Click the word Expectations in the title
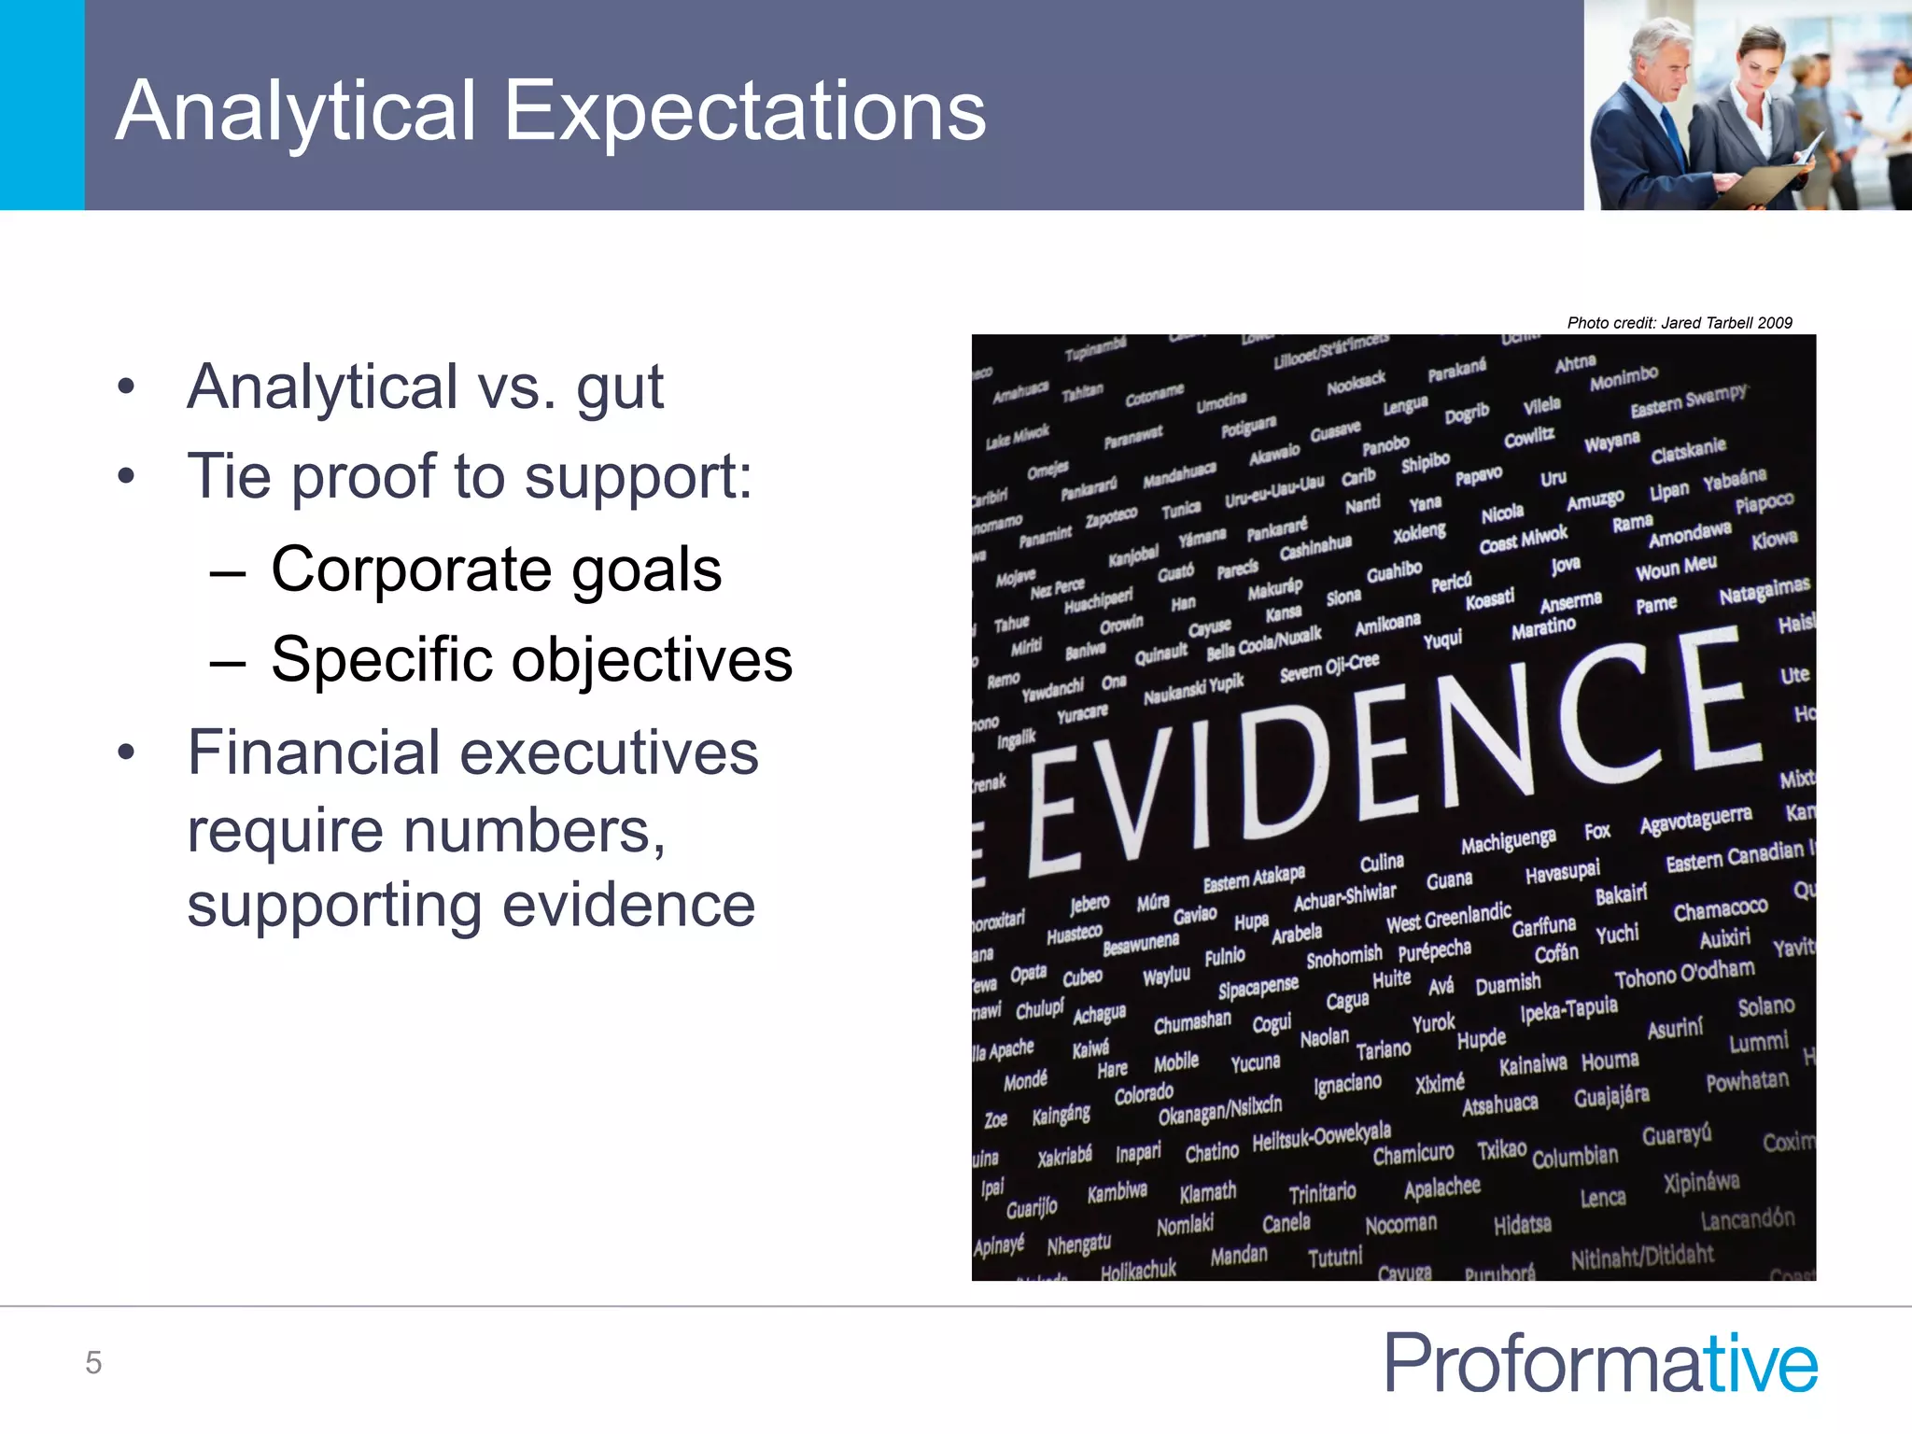[x=744, y=112]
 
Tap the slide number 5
[x=93, y=1363]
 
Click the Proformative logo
[x=1600, y=1363]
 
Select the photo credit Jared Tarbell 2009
[x=1679, y=323]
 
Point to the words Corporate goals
[x=496, y=569]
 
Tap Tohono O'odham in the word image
[x=1684, y=974]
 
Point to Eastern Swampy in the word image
[x=1688, y=401]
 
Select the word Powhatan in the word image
[x=1747, y=1081]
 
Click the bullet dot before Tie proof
[x=127, y=477]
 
